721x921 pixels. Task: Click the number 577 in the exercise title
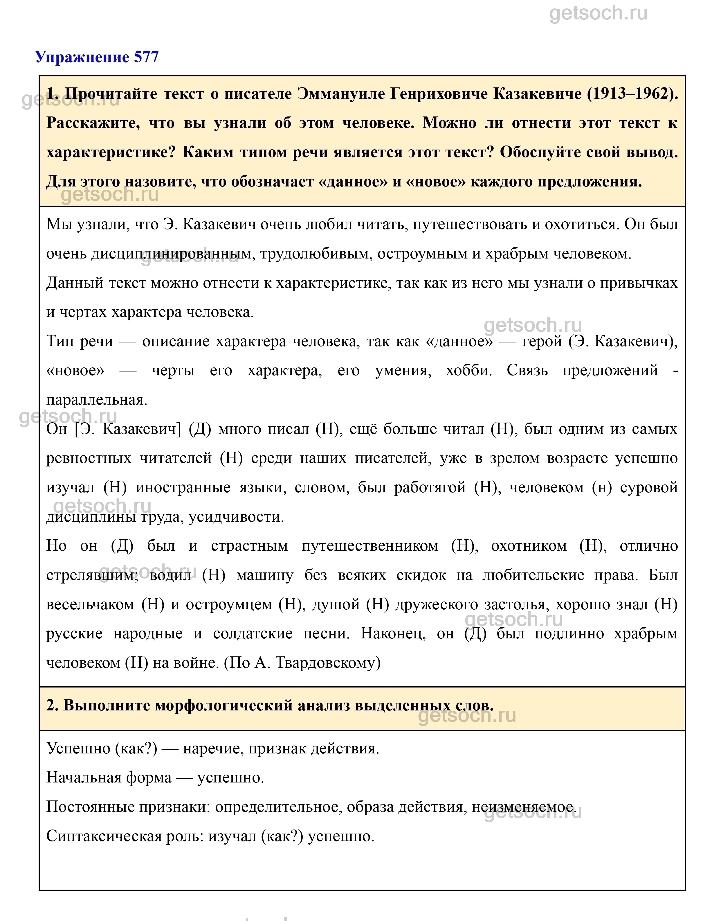[x=146, y=57]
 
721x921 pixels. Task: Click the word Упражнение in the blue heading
[x=82, y=57]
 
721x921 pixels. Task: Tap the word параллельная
[x=97, y=399]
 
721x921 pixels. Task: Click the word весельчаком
[x=89, y=604]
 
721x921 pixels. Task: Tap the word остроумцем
[x=229, y=604]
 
